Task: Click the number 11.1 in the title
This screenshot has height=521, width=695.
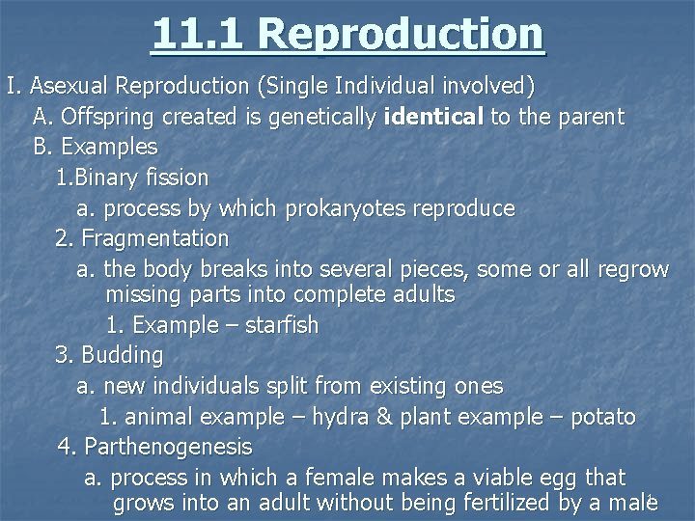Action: coord(198,34)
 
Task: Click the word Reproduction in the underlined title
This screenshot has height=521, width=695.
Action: coord(401,34)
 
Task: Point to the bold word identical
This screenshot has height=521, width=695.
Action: coord(433,118)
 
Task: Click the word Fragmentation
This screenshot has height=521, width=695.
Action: coord(154,237)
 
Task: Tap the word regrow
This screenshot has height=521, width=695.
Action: coord(632,268)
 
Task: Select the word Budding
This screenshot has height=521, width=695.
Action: coord(122,355)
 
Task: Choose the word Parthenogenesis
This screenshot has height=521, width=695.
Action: coord(168,447)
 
